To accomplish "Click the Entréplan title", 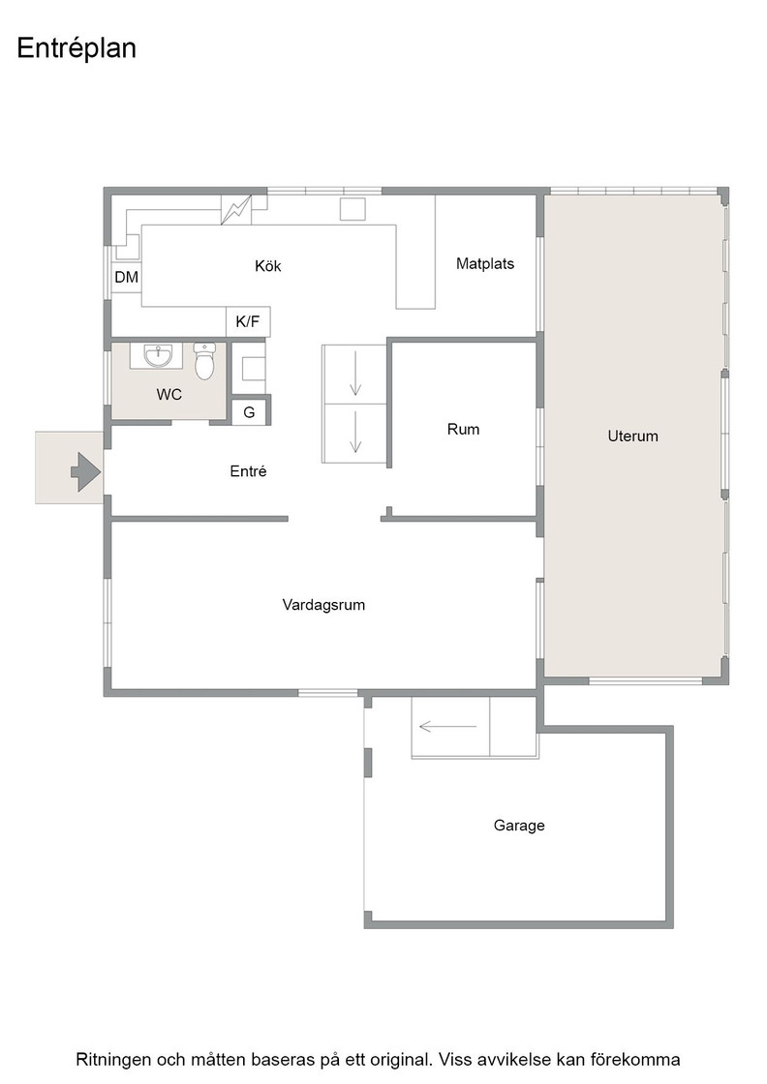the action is pyautogui.click(x=77, y=49).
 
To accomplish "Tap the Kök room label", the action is pyautogui.click(x=267, y=266).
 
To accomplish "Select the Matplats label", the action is pyautogui.click(x=485, y=263).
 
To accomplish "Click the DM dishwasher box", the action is pyautogui.click(x=127, y=277).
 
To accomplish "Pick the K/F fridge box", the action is pyautogui.click(x=248, y=321).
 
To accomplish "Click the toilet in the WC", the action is pyautogui.click(x=204, y=361).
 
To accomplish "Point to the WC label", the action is pyautogui.click(x=169, y=395).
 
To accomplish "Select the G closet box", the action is pyautogui.click(x=249, y=412).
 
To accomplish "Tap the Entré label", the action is pyautogui.click(x=248, y=471).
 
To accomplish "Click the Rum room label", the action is pyautogui.click(x=463, y=430).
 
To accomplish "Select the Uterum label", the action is pyautogui.click(x=632, y=437).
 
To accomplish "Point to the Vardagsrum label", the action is pyautogui.click(x=323, y=605).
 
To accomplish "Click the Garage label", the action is pyautogui.click(x=519, y=826).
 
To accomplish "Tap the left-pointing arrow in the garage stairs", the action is pyautogui.click(x=448, y=727).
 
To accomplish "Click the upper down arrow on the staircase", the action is pyautogui.click(x=355, y=374).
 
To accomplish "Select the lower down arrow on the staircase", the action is pyautogui.click(x=355, y=432).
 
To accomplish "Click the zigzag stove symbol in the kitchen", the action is pyautogui.click(x=236, y=210).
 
